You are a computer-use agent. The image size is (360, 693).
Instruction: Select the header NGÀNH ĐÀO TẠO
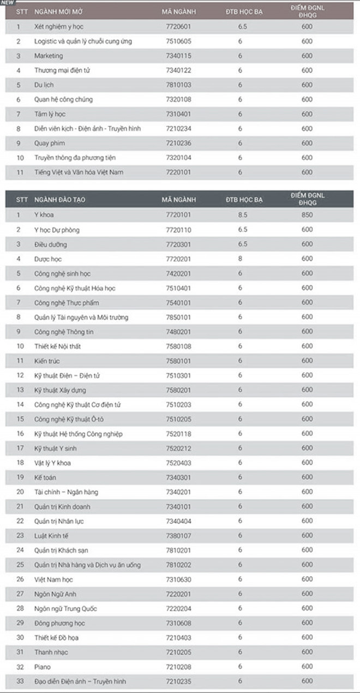click(59, 200)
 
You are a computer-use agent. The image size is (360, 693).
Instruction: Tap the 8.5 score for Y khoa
click(243, 215)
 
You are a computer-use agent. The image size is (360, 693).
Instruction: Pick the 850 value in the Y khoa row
click(307, 215)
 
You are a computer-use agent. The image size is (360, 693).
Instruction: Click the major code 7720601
click(178, 26)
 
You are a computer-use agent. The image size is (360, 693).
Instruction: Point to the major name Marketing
click(49, 56)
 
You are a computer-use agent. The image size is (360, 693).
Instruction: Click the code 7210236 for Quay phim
click(178, 143)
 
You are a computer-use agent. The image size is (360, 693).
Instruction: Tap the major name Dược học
click(48, 259)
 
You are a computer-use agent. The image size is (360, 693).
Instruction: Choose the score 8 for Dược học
click(240, 259)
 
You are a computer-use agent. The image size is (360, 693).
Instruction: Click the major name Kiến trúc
click(47, 361)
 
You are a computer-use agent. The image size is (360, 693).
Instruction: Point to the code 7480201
click(178, 332)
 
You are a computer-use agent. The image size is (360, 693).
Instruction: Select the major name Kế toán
click(45, 477)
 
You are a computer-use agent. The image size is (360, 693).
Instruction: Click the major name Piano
click(43, 666)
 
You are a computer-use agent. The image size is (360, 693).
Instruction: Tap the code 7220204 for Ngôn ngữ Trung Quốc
click(178, 608)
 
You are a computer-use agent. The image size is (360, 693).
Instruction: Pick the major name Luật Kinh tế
click(51, 536)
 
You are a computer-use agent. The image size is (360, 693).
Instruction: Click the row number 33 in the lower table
click(20, 681)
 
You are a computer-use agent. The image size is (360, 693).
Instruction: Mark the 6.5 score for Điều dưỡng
click(243, 244)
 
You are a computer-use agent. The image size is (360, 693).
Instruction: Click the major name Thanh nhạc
click(51, 652)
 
